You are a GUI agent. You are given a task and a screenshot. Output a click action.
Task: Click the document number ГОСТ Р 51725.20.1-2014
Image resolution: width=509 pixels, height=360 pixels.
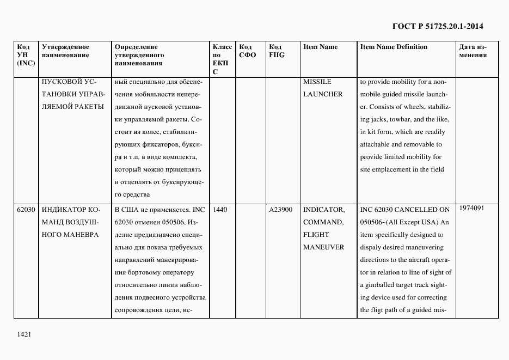pyautogui.click(x=438, y=26)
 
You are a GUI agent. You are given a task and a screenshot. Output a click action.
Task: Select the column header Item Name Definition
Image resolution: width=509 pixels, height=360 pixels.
pyautogui.click(x=394, y=47)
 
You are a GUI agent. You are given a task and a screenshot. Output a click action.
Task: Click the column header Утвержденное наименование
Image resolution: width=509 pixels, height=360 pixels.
pyautogui.click(x=65, y=51)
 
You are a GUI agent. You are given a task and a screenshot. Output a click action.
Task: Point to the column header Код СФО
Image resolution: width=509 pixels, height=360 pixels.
pyautogui.click(x=247, y=51)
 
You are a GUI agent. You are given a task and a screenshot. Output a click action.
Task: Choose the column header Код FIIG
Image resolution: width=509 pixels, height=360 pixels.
pyautogui.click(x=277, y=51)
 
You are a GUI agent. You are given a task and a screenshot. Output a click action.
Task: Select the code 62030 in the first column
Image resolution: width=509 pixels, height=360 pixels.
pyautogui.click(x=26, y=210)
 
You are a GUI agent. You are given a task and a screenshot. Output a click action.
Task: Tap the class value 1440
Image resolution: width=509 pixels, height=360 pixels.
pyautogui.click(x=220, y=210)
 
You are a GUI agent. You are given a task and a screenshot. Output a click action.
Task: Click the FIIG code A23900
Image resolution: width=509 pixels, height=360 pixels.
pyautogui.click(x=281, y=210)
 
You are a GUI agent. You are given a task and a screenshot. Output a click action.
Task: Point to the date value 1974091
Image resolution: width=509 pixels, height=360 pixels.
pyautogui.click(x=472, y=208)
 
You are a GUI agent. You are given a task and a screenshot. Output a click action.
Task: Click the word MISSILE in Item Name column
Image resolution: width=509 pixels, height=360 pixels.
pyautogui.click(x=317, y=82)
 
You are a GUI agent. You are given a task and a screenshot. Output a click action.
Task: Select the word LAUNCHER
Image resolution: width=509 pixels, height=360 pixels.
pyautogui.click(x=323, y=94)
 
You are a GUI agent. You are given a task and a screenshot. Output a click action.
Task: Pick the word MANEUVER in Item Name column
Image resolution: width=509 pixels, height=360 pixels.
pyautogui.click(x=323, y=247)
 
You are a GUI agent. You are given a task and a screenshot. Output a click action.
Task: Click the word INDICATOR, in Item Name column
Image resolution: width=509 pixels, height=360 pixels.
pyautogui.click(x=324, y=210)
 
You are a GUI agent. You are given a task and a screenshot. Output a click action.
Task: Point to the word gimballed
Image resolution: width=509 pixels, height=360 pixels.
pyautogui.click(x=385, y=285)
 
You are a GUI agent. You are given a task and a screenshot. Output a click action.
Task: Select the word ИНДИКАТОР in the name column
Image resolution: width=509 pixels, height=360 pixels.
pyautogui.click(x=62, y=210)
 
